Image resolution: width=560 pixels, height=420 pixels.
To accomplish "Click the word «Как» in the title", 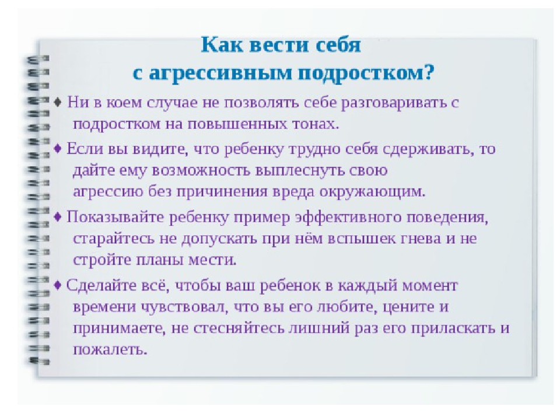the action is click(x=222, y=45).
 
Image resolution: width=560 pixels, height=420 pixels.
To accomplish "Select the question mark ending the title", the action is click(x=429, y=72).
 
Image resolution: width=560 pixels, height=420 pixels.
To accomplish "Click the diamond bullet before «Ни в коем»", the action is click(x=58, y=103).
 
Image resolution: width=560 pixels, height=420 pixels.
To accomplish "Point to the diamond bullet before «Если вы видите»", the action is click(x=58, y=148).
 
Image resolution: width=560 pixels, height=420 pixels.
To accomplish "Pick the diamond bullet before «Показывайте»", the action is click(x=58, y=217).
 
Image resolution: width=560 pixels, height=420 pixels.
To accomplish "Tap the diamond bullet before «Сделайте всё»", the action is click(x=58, y=285).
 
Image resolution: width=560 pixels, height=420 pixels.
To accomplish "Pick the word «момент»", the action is click(x=430, y=286).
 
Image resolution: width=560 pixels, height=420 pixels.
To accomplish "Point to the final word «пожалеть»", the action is click(x=110, y=349).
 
